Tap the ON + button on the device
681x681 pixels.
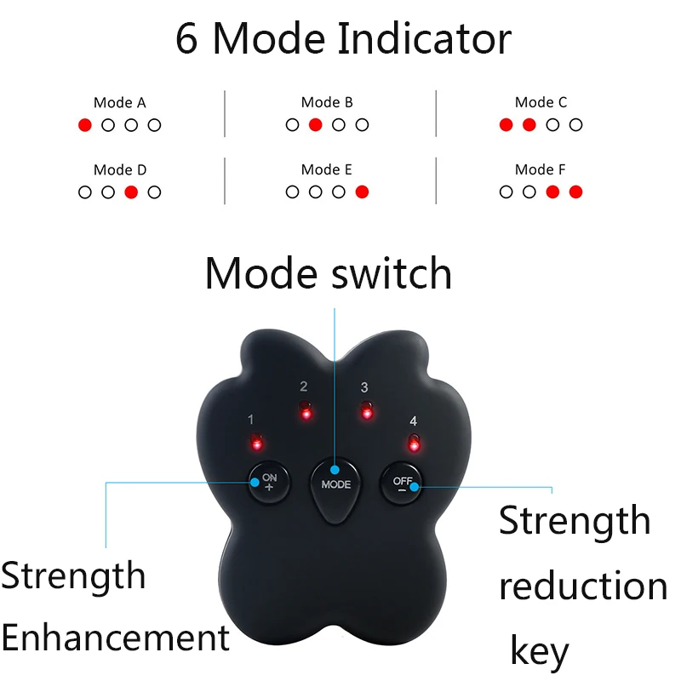[268, 482]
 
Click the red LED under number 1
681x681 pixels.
[255, 444]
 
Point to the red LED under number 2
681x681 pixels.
[306, 414]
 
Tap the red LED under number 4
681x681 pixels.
[414, 444]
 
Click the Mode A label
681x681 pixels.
[119, 103]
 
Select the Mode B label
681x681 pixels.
[327, 103]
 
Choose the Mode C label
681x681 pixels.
[541, 103]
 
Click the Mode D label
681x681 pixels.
[119, 170]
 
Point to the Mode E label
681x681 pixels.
[327, 170]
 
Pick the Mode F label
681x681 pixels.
[541, 170]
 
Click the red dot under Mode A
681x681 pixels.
[84, 125]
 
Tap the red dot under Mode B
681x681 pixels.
[315, 125]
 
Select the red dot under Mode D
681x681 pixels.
[131, 192]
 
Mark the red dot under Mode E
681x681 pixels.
[362, 192]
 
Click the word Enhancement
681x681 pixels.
[116, 638]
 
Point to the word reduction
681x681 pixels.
[582, 587]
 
